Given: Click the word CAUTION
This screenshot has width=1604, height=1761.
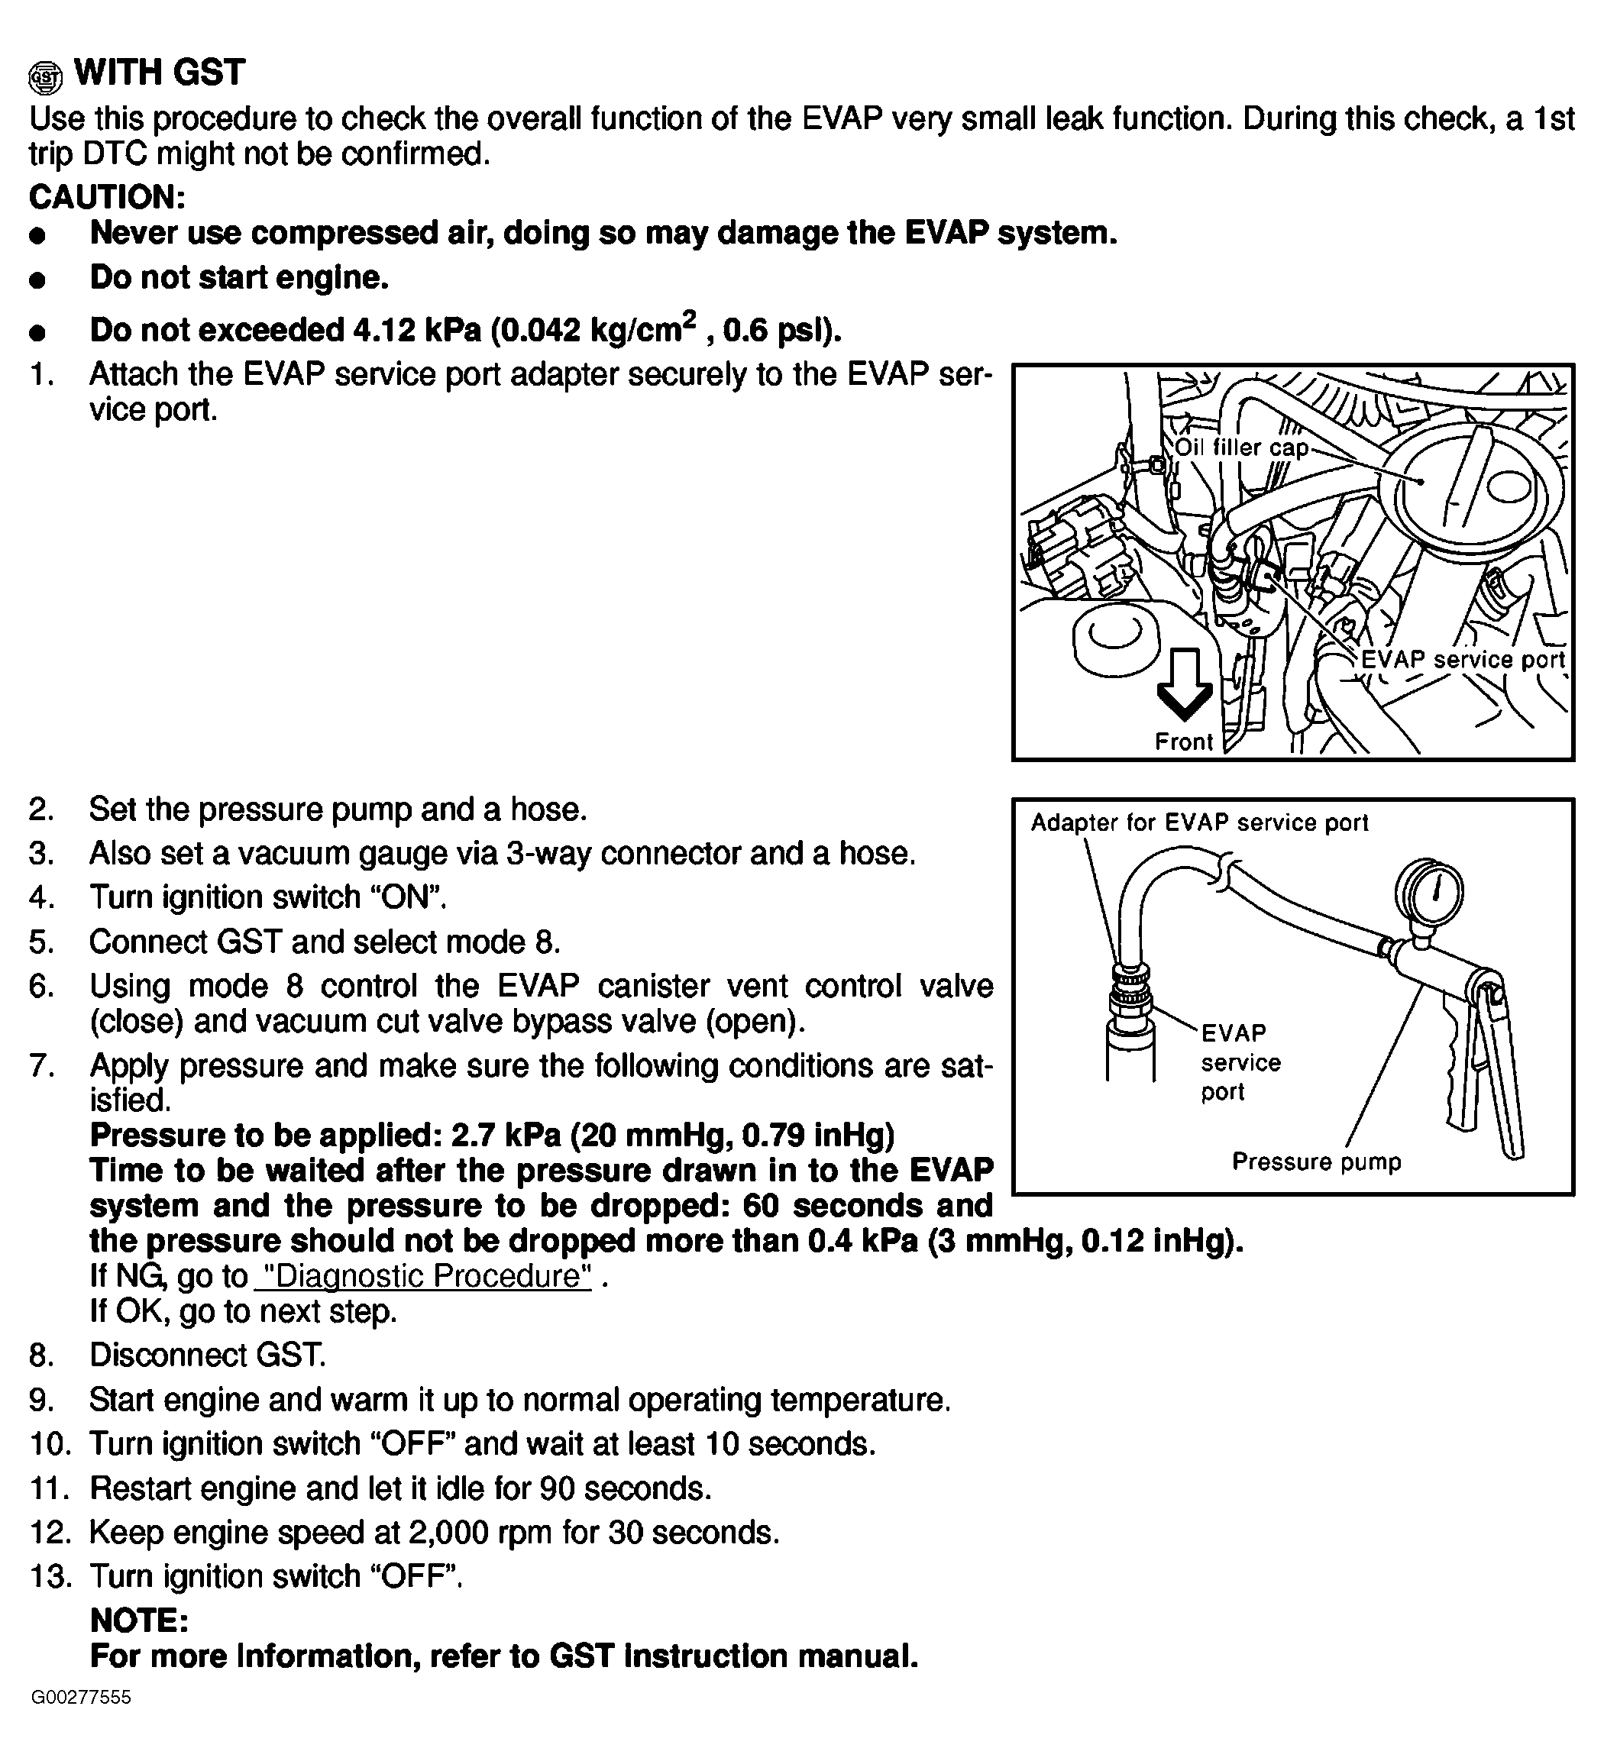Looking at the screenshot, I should [x=107, y=198].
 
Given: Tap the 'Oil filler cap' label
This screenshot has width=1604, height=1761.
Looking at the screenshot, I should [x=1240, y=448].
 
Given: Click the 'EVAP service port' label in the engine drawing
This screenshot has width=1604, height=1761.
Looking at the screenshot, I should [x=1463, y=660].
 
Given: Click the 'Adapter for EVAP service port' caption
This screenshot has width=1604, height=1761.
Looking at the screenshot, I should [x=1198, y=823].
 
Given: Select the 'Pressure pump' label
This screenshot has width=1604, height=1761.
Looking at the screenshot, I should [x=1316, y=1162].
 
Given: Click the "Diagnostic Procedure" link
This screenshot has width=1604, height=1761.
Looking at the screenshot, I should [x=424, y=1276].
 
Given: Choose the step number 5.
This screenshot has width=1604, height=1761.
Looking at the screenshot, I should [x=41, y=942].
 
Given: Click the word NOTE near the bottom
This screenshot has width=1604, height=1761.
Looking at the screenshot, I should [x=139, y=1620].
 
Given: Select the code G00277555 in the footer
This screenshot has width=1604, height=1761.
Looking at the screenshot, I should [x=81, y=1697].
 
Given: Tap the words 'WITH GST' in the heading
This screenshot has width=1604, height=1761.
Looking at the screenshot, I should [x=160, y=73].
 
